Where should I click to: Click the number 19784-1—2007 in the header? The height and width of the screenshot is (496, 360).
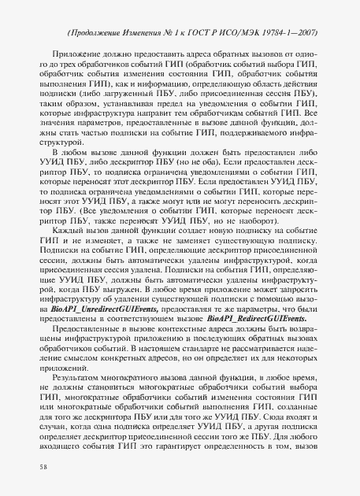(x=302, y=33)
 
